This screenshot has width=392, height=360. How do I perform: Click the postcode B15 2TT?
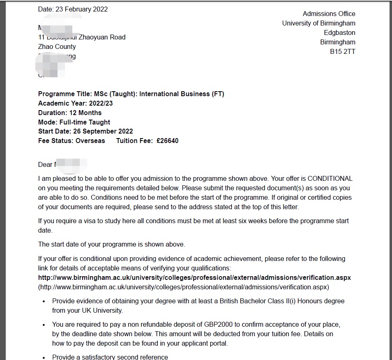pos(343,52)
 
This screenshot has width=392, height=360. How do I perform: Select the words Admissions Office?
pos(329,14)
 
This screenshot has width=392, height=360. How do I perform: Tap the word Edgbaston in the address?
pos(339,33)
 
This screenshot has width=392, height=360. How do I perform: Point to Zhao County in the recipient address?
pos(57,47)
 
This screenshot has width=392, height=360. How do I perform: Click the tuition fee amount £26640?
pos(167,141)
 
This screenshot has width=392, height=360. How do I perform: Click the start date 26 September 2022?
pos(103,132)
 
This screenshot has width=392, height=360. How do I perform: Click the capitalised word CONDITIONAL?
pos(330,179)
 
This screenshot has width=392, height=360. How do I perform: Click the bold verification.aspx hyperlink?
pos(194,278)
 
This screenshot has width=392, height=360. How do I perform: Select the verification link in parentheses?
pos(184,287)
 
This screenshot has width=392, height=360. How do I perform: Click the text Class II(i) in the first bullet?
pos(277,301)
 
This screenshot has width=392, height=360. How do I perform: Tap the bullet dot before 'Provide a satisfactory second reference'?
pos(44,358)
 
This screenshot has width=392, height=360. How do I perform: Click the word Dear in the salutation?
pos(45,165)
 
